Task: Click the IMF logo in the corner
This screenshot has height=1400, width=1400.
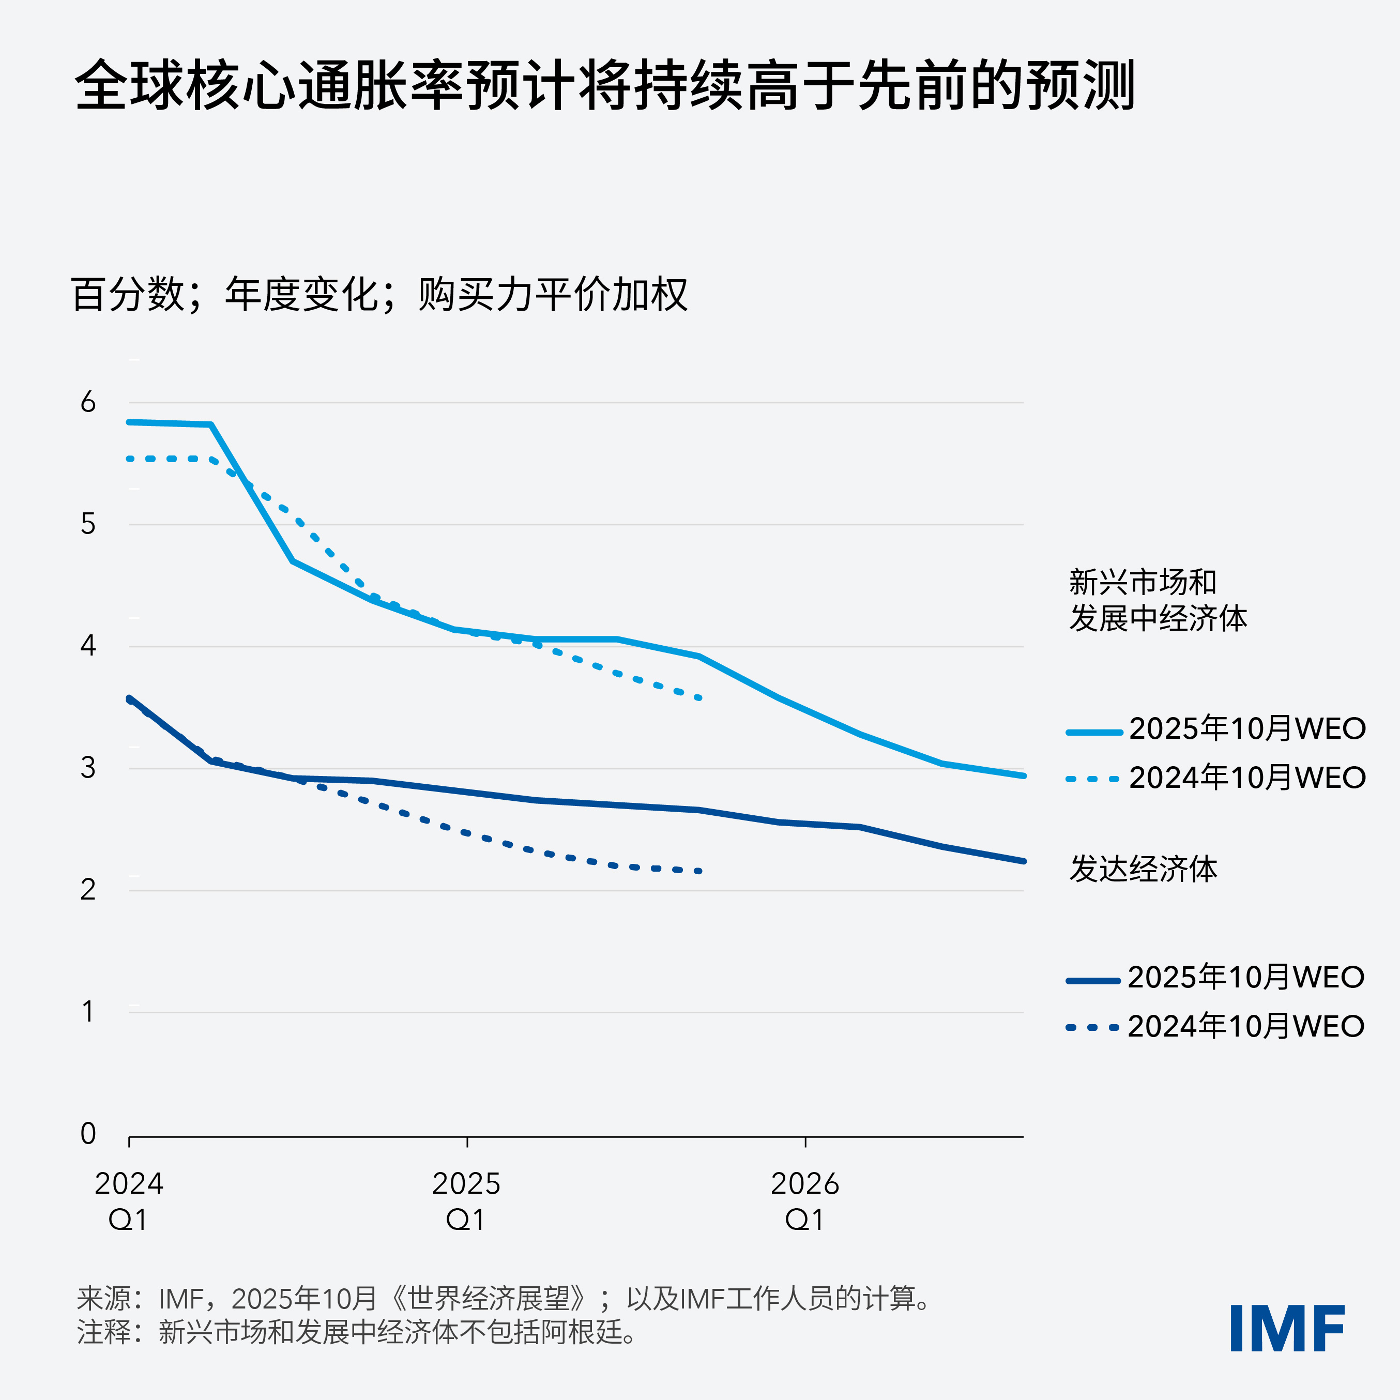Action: (1287, 1328)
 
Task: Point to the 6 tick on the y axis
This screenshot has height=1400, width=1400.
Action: (88, 402)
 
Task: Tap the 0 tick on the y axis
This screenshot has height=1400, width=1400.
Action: (88, 1133)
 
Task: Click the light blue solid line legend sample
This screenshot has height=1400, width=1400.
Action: (1093, 733)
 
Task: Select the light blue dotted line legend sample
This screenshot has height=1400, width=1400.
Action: (1093, 780)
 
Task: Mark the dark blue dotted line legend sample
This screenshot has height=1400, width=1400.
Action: (1093, 1028)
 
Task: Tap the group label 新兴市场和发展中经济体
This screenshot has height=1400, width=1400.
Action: (1157, 600)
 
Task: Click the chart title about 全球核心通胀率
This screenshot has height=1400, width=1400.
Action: (605, 85)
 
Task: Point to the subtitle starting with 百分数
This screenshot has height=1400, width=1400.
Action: (379, 294)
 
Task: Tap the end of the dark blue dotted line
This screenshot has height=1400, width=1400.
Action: (699, 871)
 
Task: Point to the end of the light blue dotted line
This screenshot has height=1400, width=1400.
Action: (699, 698)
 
